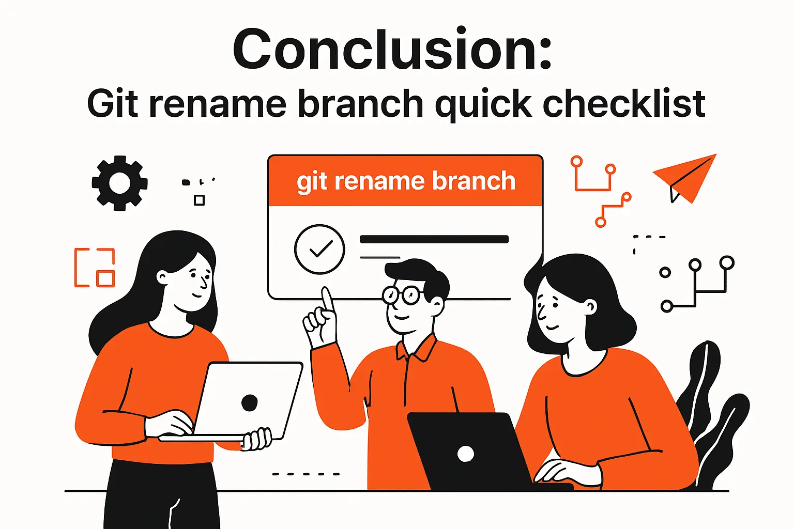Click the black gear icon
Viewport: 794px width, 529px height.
119,183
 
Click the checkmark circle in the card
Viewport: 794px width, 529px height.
319,249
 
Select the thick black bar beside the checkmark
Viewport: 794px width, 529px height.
434,239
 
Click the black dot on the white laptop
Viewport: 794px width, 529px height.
250,402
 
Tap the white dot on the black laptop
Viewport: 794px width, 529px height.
465,454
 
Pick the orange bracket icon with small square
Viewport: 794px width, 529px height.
95,267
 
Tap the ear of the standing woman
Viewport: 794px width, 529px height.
162,277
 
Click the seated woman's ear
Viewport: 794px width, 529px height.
590,307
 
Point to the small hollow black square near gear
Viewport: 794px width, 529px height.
199,200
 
